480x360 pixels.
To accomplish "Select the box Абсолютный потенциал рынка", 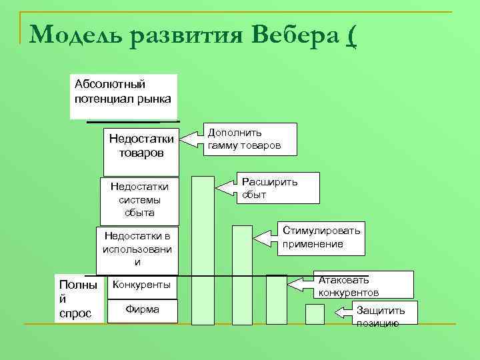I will point(123,96).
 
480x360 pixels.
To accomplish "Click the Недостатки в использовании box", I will point(137,249).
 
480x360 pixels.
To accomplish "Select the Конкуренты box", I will point(141,285).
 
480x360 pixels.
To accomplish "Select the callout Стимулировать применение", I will point(321,237).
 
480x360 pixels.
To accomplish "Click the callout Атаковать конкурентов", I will point(363,286).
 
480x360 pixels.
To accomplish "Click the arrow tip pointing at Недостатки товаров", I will point(185,139).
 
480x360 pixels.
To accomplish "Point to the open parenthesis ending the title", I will point(351,35).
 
